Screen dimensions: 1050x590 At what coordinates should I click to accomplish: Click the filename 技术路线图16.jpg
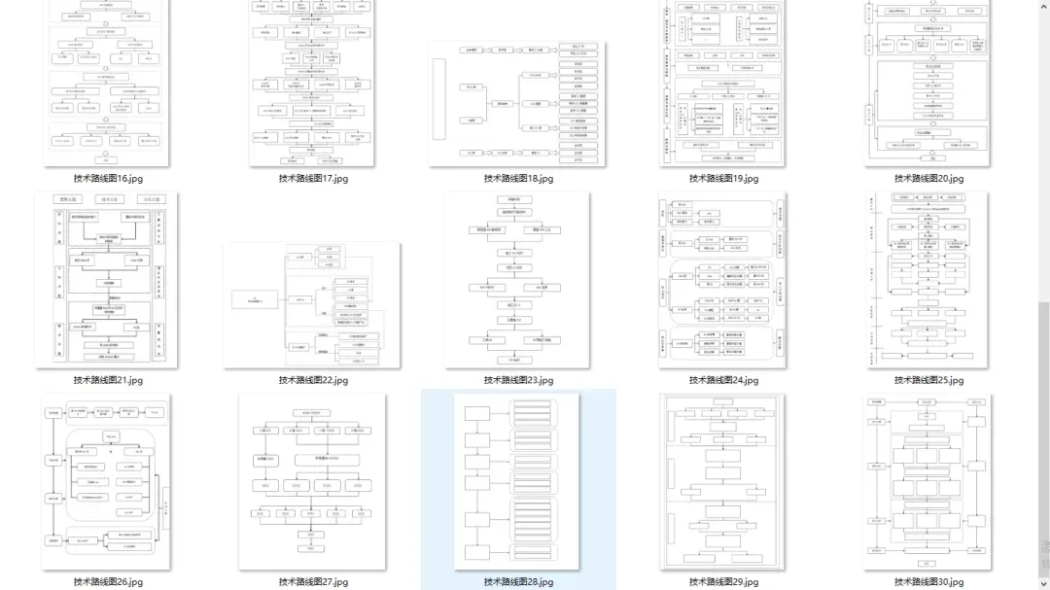(108, 179)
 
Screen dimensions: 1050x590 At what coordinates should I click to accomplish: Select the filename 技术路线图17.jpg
(313, 179)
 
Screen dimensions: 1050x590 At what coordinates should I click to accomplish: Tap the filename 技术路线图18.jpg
(518, 179)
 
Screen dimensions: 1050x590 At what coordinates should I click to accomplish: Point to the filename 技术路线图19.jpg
(723, 179)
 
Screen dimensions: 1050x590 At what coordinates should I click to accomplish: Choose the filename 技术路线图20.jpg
(928, 179)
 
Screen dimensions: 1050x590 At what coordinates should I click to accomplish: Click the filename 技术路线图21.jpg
(108, 380)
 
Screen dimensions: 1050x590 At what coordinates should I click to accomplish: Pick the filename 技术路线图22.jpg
(313, 380)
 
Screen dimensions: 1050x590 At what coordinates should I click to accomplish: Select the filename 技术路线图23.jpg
(518, 380)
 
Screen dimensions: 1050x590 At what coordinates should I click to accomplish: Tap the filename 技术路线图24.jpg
(723, 380)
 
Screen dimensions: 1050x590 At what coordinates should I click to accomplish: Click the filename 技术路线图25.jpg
(928, 380)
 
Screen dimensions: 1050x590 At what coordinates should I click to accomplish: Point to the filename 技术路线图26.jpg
(108, 582)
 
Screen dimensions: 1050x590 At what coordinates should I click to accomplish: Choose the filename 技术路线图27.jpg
(313, 582)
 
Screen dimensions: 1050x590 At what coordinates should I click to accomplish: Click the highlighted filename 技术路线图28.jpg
(518, 582)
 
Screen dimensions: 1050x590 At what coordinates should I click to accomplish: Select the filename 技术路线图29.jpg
(723, 582)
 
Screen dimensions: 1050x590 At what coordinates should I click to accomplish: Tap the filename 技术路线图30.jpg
(928, 582)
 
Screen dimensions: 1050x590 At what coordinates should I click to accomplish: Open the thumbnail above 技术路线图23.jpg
(517, 280)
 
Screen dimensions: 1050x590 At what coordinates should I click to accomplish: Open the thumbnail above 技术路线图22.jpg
(312, 305)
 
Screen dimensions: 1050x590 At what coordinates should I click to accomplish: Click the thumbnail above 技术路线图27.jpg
(312, 481)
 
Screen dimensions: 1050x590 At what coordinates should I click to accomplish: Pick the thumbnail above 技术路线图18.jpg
(517, 104)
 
